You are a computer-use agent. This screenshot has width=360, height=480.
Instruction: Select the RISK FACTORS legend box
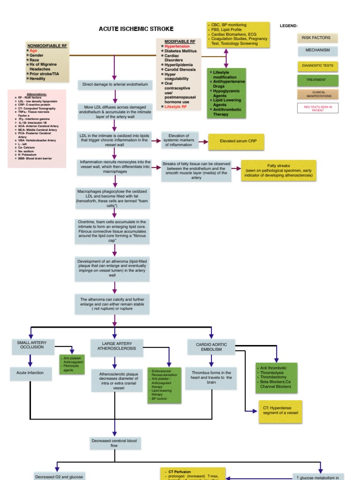pos(317,37)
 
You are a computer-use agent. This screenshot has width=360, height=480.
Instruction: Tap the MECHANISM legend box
pos(317,50)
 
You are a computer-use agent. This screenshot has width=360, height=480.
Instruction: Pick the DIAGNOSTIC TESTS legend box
pos(317,65)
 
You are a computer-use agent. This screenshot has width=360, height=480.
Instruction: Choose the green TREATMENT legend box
pos(317,80)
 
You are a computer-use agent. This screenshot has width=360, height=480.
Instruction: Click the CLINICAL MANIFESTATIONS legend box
pos(317,94)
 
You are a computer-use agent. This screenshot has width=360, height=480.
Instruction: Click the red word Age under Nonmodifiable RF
pos(33,50)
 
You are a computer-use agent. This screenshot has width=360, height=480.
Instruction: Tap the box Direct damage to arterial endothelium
pos(115,84)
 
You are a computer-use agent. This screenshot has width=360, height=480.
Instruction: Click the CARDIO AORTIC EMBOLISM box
pos(211,347)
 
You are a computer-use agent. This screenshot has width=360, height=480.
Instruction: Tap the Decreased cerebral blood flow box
pos(115,443)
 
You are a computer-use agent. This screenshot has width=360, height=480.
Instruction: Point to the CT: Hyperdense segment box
pos(280,412)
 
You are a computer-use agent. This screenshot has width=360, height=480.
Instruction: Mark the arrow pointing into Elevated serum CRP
pos(203,141)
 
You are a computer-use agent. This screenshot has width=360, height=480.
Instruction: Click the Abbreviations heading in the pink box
pos(37,94)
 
